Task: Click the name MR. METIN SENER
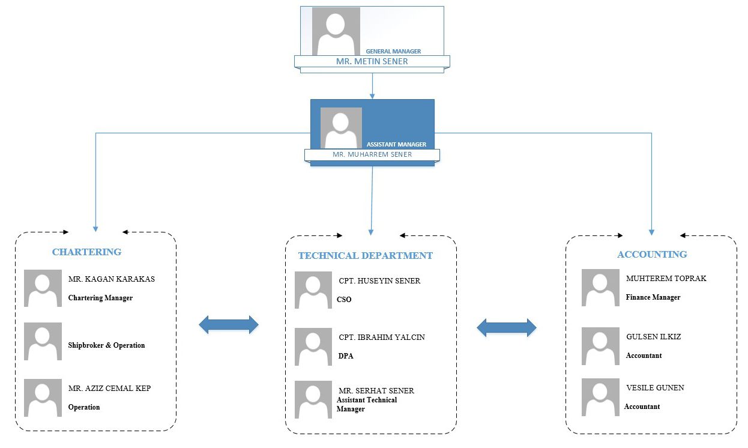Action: point(372,61)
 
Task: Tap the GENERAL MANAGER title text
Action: point(393,52)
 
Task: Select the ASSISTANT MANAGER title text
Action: point(396,144)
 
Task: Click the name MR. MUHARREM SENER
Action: point(372,154)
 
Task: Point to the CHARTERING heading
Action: point(86,252)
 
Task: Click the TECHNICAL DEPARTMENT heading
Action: point(366,256)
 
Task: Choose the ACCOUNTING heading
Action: point(652,254)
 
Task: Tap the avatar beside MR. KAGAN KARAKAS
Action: point(43,288)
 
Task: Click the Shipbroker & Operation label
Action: point(106,345)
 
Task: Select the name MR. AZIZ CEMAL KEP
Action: point(109,388)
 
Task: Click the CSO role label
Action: point(344,299)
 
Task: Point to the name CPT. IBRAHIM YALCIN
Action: point(382,337)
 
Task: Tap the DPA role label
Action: point(346,356)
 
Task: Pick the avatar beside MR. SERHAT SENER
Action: point(313,399)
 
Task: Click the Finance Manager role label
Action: point(653,297)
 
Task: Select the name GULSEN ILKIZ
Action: point(654,336)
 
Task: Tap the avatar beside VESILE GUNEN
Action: point(600,397)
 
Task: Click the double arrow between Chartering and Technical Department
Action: point(229,325)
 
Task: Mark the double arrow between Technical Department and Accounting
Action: point(507,327)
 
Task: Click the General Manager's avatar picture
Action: point(336,31)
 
